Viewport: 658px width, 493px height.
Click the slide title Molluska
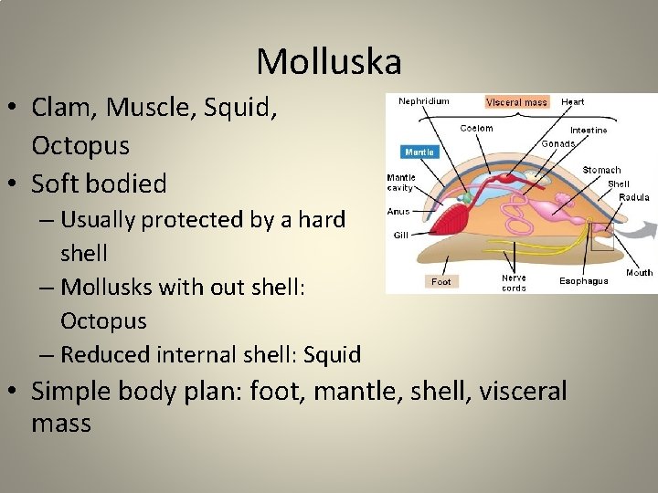329,62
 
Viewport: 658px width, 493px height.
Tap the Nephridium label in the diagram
423,101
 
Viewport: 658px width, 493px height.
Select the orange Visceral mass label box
516,102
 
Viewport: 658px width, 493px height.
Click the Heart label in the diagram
573,101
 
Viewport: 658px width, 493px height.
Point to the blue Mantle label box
419,152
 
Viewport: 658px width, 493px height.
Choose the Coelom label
476,129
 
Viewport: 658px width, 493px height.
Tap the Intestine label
588,131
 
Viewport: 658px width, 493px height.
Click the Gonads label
557,143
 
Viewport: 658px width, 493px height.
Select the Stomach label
601,170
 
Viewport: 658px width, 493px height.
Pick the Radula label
633,197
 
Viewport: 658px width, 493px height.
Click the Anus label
398,211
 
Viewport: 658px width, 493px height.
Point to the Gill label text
400,235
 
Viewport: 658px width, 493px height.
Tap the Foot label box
441,281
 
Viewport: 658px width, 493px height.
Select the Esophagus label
583,281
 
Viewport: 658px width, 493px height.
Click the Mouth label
639,272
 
